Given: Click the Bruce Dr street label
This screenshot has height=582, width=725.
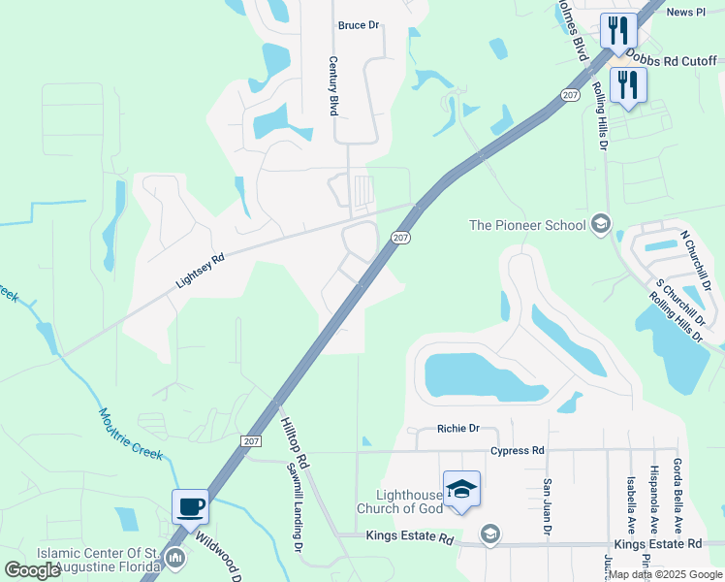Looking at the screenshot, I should pyautogui.click(x=358, y=25).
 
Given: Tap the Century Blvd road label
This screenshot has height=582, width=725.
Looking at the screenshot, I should pyautogui.click(x=333, y=86).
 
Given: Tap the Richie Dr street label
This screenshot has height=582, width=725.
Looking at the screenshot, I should pyautogui.click(x=458, y=428).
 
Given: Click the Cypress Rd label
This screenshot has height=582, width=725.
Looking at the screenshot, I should pyautogui.click(x=518, y=451).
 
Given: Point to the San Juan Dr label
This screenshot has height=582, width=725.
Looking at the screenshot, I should pyautogui.click(x=548, y=507).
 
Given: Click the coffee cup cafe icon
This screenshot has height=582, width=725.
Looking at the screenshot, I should pyautogui.click(x=189, y=505).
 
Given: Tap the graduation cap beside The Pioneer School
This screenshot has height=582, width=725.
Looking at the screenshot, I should pyautogui.click(x=601, y=225).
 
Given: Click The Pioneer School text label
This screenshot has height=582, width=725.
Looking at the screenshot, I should pyautogui.click(x=527, y=226).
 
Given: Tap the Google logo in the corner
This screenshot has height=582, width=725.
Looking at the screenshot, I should pyautogui.click(x=33, y=570).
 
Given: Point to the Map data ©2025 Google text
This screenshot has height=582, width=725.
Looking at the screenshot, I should pyautogui.click(x=665, y=574).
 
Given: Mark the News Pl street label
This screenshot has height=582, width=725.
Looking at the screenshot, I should pyautogui.click(x=686, y=12).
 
